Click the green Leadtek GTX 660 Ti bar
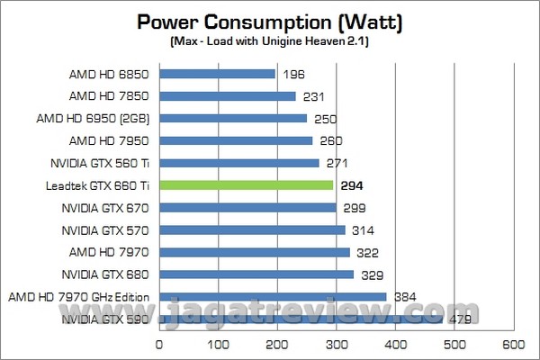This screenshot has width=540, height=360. (x=247, y=185)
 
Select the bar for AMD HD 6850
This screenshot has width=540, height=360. (x=217, y=74)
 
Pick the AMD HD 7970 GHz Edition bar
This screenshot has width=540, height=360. (x=273, y=296)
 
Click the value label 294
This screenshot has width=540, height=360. (x=350, y=185)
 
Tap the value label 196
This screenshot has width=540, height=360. (x=292, y=74)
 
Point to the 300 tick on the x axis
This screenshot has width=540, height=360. (x=337, y=344)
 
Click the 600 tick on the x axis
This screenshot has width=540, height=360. (x=514, y=344)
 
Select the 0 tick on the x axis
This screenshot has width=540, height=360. (x=159, y=344)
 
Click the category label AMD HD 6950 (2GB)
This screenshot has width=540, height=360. (x=92, y=119)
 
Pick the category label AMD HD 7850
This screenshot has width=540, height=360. (x=109, y=96)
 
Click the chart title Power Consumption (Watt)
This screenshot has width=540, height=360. (x=270, y=22)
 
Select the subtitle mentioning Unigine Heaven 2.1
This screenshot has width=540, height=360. (x=270, y=41)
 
